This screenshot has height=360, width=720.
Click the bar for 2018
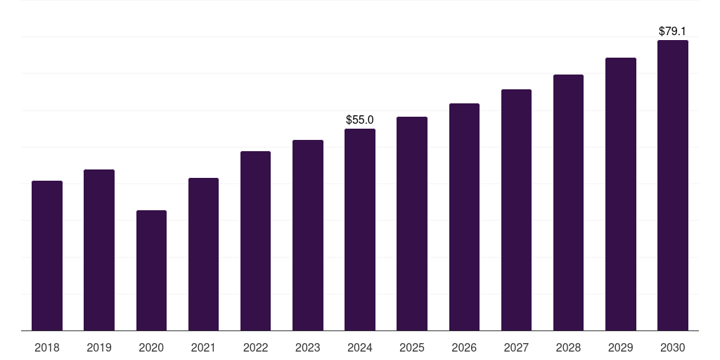click(47, 256)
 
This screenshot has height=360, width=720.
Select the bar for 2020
click(151, 271)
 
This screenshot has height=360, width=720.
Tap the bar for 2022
click(255, 241)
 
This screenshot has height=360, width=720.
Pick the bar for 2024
click(360, 230)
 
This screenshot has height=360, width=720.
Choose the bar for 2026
click(464, 217)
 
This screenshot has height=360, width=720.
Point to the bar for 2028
click(568, 202)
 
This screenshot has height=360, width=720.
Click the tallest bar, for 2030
click(673, 186)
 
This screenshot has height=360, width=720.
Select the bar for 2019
click(99, 250)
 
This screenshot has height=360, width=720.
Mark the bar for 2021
click(203, 255)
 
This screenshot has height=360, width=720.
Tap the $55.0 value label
click(360, 120)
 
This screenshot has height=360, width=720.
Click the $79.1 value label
click(673, 32)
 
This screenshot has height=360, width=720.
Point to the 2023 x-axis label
click(308, 347)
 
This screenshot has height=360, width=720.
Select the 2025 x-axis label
click(412, 347)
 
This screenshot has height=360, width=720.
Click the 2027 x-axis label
click(516, 347)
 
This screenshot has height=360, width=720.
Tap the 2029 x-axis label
click(621, 347)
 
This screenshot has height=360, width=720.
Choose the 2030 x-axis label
click(673, 347)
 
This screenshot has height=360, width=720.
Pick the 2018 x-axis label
click(47, 347)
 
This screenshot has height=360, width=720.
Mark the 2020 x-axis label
click(151, 347)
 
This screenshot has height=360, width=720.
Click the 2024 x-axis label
click(360, 347)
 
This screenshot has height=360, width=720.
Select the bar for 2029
click(621, 194)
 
